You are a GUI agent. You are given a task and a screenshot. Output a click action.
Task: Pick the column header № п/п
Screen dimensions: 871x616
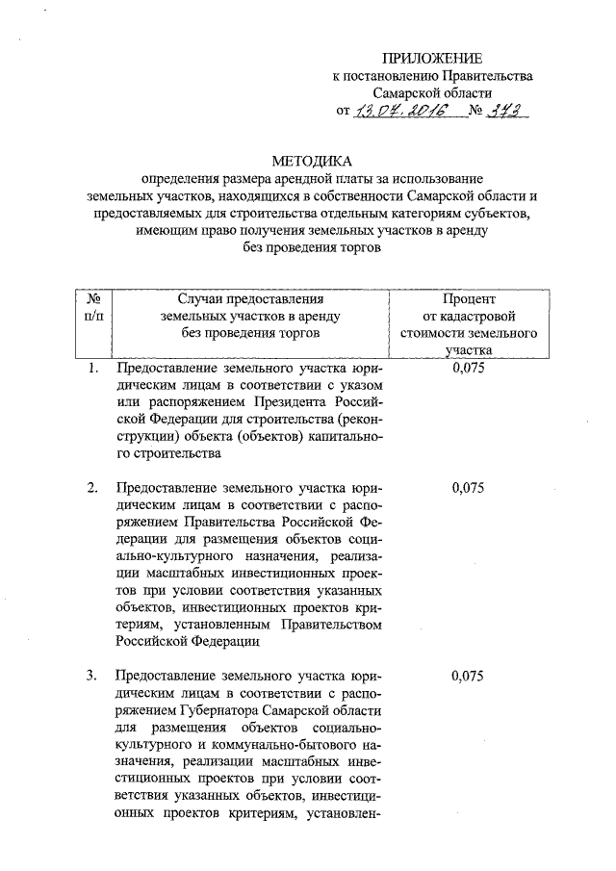pos(92,308)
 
